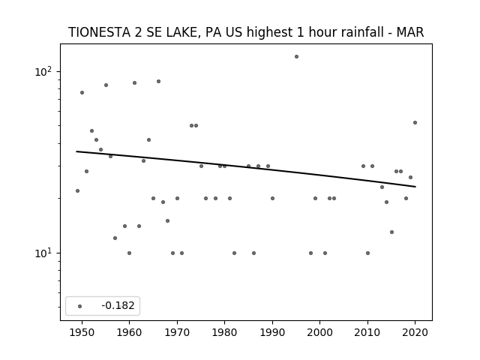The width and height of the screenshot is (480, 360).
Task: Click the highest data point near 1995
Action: tap(296, 57)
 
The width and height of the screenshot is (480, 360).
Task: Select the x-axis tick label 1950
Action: tap(82, 332)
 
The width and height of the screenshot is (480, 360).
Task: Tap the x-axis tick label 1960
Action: tap(129, 332)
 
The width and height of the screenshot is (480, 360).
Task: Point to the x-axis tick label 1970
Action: tap(177, 332)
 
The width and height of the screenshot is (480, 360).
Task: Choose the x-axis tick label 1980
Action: tap(224, 332)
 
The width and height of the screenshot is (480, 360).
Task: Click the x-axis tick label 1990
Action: tap(272, 332)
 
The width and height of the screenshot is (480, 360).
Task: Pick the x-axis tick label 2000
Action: tap(320, 332)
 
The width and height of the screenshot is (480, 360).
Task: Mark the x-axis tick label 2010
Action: tap(367, 332)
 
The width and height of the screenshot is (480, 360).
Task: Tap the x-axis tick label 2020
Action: tap(415, 332)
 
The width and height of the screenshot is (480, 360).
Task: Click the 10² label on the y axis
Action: tap(43, 72)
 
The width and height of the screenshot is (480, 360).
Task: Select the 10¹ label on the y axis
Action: tap(43, 253)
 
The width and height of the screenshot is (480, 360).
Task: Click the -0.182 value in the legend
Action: tap(118, 305)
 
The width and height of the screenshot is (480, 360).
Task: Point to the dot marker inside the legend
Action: tap(79, 306)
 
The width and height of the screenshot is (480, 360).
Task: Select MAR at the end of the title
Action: tap(410, 32)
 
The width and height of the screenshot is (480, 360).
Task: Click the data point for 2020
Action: tap(415, 123)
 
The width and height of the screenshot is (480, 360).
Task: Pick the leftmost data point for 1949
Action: tap(77, 191)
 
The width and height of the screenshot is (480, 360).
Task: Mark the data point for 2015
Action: tap(391, 232)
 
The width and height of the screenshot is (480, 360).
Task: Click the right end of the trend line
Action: tap(415, 187)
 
